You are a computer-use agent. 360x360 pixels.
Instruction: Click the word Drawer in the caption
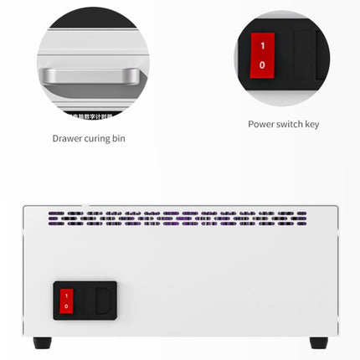(x=66, y=138)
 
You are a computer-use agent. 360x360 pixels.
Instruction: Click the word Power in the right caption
(x=260, y=124)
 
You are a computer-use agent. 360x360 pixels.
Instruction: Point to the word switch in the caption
(x=290, y=124)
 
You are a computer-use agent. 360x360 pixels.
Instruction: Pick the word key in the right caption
(x=312, y=124)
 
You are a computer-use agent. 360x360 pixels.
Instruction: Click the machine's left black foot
(x=42, y=342)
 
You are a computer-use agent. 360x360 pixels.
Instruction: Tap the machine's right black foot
(x=318, y=342)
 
